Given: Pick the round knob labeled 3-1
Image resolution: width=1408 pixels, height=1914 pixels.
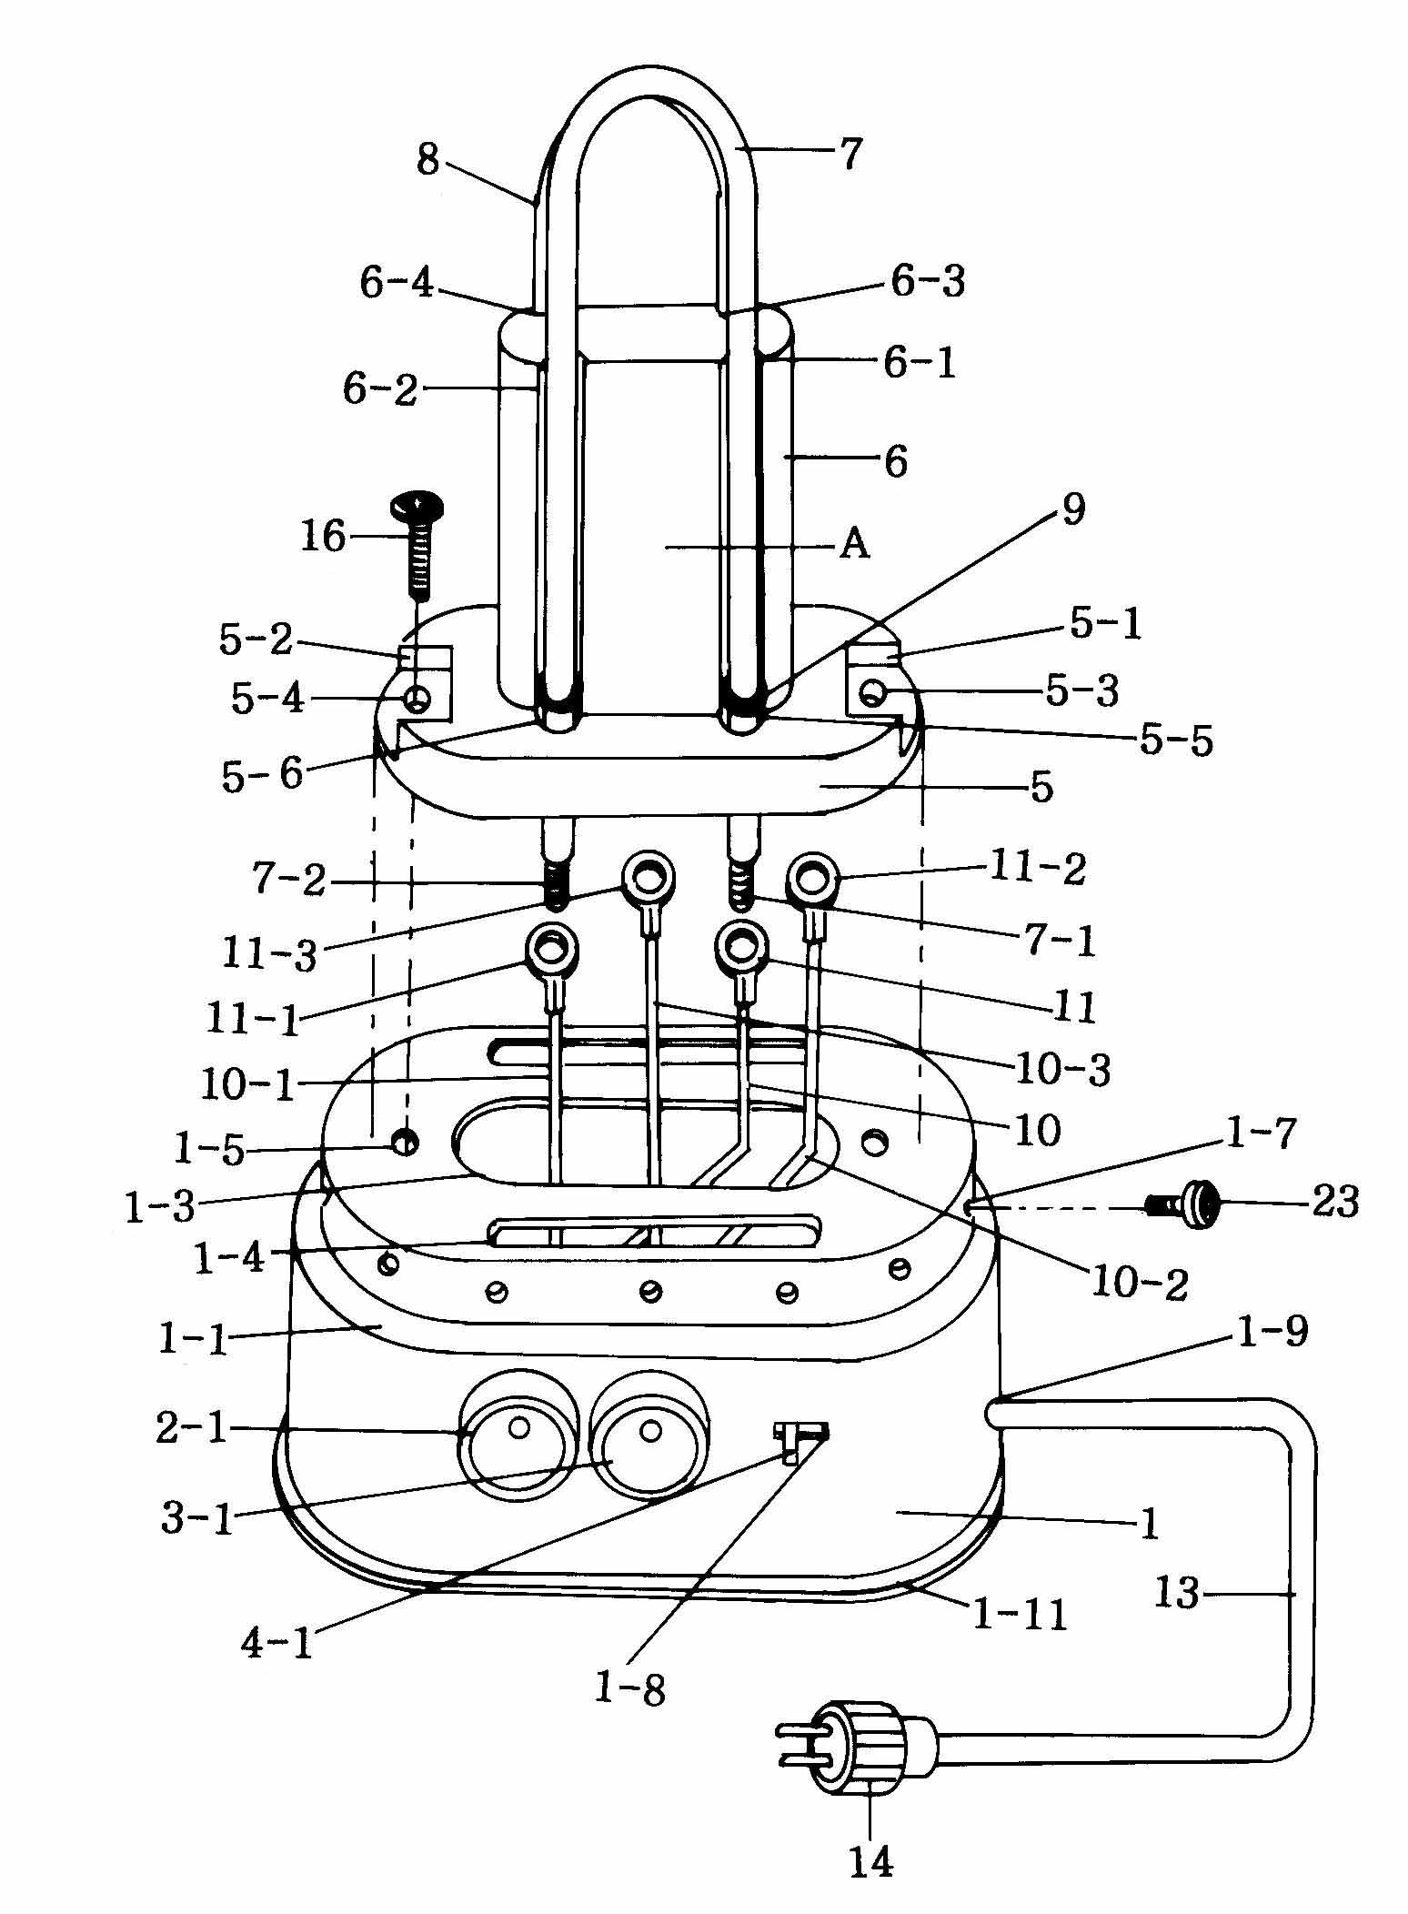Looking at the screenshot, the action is [648, 1436].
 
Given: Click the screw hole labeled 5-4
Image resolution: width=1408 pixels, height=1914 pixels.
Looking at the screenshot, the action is [417, 700].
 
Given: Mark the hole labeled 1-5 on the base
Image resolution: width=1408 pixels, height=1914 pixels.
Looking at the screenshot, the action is [406, 1141].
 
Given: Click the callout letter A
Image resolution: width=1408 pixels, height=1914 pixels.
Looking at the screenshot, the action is [854, 545].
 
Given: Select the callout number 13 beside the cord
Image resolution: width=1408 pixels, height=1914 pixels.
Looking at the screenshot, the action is [1178, 1593].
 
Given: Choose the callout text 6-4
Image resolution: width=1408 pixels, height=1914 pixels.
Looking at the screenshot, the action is [397, 284].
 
